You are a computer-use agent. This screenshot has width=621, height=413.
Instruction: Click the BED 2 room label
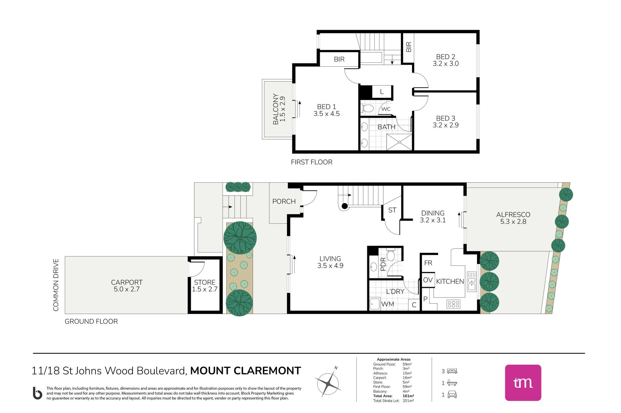click(445, 57)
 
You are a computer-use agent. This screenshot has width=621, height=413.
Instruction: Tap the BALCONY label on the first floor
click(276, 109)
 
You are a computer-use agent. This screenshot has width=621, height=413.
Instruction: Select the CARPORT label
click(126, 282)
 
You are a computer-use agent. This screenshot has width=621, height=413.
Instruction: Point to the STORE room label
click(205, 282)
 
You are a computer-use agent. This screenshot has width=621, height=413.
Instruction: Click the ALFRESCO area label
click(513, 214)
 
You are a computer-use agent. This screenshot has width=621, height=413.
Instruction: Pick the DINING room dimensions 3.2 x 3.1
click(433, 220)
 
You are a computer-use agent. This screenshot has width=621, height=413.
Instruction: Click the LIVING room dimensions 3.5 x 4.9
click(330, 266)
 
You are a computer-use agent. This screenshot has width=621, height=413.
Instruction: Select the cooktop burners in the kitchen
click(453, 304)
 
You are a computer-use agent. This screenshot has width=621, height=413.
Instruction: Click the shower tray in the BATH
click(399, 142)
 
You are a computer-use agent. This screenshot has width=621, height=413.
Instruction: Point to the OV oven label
click(428, 280)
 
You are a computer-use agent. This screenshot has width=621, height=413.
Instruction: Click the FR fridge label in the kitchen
click(428, 263)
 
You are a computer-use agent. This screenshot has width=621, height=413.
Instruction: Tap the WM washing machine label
click(387, 304)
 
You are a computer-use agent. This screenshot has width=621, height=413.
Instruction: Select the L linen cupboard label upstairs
click(382, 92)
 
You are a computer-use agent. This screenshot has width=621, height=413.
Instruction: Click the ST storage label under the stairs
click(392, 210)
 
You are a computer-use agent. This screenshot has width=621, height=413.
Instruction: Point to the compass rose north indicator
click(336, 368)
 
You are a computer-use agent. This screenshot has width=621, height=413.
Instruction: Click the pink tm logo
click(523, 383)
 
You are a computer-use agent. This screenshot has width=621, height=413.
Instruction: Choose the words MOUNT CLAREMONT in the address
click(245, 371)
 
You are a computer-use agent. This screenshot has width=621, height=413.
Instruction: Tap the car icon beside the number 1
click(452, 395)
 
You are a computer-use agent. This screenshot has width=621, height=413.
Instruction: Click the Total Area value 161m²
click(408, 396)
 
